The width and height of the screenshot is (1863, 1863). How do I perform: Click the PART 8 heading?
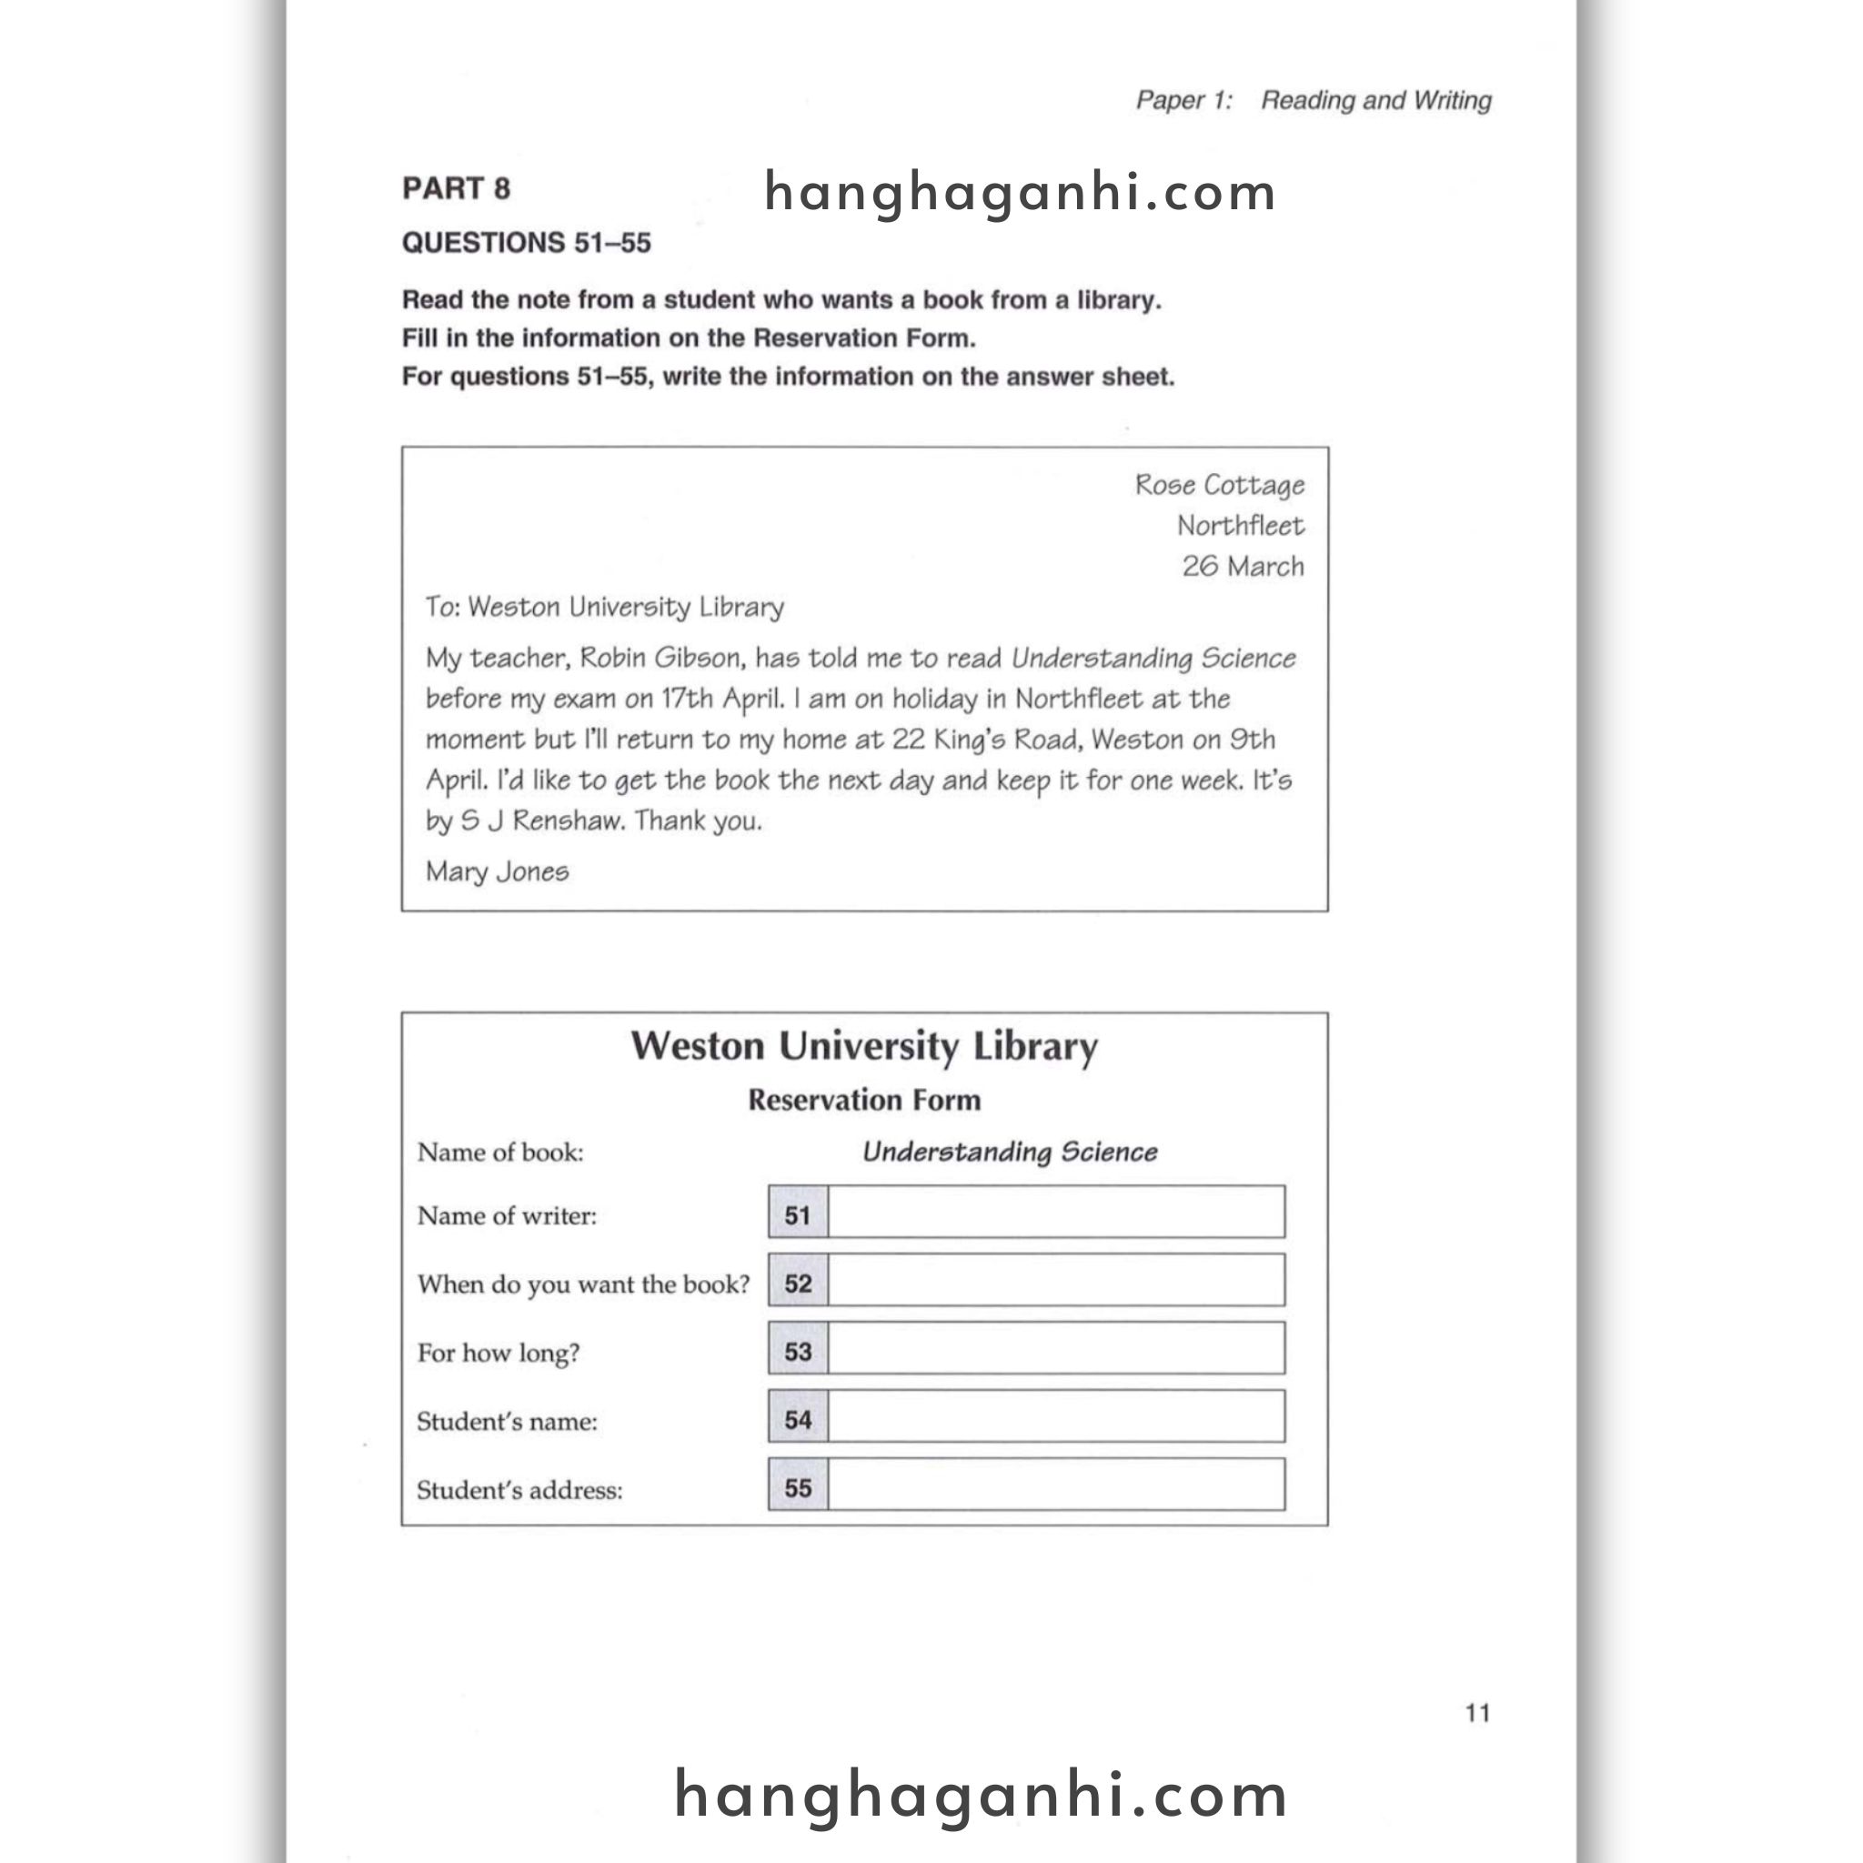[455, 188]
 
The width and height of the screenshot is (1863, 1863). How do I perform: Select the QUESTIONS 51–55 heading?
[526, 243]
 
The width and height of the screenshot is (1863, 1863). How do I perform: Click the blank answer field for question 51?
[1056, 1212]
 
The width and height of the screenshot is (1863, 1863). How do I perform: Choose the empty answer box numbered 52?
[1056, 1280]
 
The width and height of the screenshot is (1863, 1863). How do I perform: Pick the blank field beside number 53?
[1056, 1348]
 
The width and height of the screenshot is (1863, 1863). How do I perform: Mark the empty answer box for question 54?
[1056, 1415]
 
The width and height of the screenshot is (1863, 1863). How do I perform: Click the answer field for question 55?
[1056, 1484]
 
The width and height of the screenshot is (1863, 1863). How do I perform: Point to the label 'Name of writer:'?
[507, 1216]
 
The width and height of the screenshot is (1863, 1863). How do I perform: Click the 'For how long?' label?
[498, 1353]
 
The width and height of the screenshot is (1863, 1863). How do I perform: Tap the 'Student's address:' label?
[519, 1490]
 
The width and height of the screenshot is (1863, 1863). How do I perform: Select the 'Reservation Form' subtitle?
[864, 1101]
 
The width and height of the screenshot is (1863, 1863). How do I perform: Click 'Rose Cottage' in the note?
[1219, 485]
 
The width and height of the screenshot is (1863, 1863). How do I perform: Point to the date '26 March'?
[1243, 566]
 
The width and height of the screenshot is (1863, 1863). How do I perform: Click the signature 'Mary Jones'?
[498, 871]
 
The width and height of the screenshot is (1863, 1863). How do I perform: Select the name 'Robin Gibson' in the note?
[660, 659]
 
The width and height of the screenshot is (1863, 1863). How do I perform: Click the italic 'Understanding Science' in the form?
[1009, 1153]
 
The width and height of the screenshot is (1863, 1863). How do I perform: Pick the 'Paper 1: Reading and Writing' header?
[1313, 100]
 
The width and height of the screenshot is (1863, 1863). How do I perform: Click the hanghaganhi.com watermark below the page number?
[981, 1796]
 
